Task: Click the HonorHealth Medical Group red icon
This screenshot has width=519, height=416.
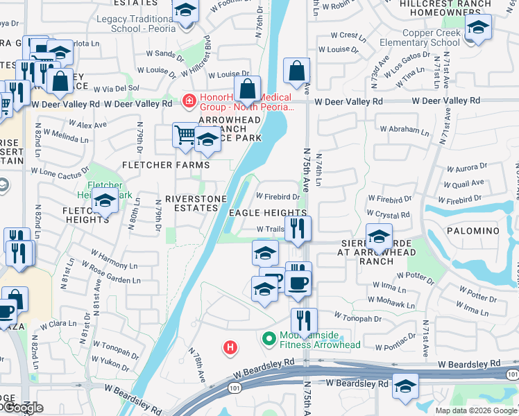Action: click(x=187, y=102)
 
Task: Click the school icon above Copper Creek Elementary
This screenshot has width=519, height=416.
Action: click(x=477, y=29)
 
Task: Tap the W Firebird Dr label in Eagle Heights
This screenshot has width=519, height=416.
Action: click(x=278, y=196)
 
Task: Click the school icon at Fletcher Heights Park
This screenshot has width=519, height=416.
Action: click(x=105, y=202)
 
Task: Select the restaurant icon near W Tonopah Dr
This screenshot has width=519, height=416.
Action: click(x=303, y=321)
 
